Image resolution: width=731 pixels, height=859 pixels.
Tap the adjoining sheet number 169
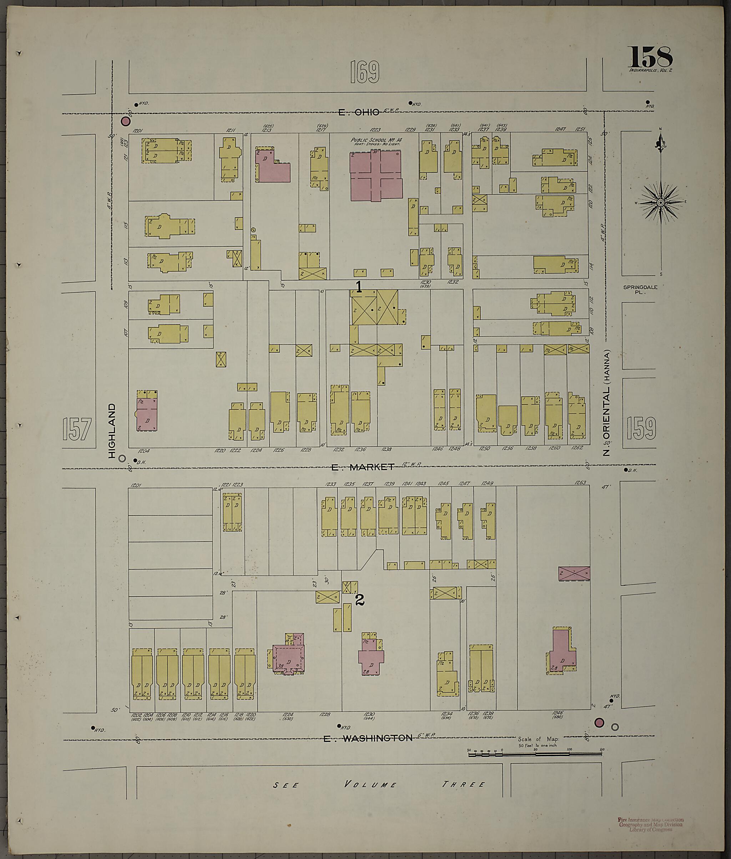pyautogui.click(x=364, y=72)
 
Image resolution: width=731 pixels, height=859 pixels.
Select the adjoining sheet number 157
pyautogui.click(x=77, y=429)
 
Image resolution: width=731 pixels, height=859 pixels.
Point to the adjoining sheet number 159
pyautogui.click(x=641, y=428)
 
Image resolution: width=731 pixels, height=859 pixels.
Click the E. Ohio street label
pyautogui.click(x=359, y=112)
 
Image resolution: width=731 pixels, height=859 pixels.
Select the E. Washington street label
pyautogui.click(x=368, y=738)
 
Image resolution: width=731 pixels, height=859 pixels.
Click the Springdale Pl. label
pyautogui.click(x=640, y=289)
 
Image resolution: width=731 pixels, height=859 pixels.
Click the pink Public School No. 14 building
pyautogui.click(x=376, y=175)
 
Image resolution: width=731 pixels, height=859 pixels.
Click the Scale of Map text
pyautogui.click(x=538, y=739)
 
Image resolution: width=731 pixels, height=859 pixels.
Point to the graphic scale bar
pyautogui.click(x=535, y=754)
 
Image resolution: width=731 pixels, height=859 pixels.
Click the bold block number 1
pyautogui.click(x=359, y=286)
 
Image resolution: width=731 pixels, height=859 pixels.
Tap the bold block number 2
pyautogui.click(x=360, y=599)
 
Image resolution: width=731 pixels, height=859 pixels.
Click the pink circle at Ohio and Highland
pyautogui.click(x=125, y=121)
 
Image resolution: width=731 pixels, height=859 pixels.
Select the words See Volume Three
pyautogui.click(x=379, y=784)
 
